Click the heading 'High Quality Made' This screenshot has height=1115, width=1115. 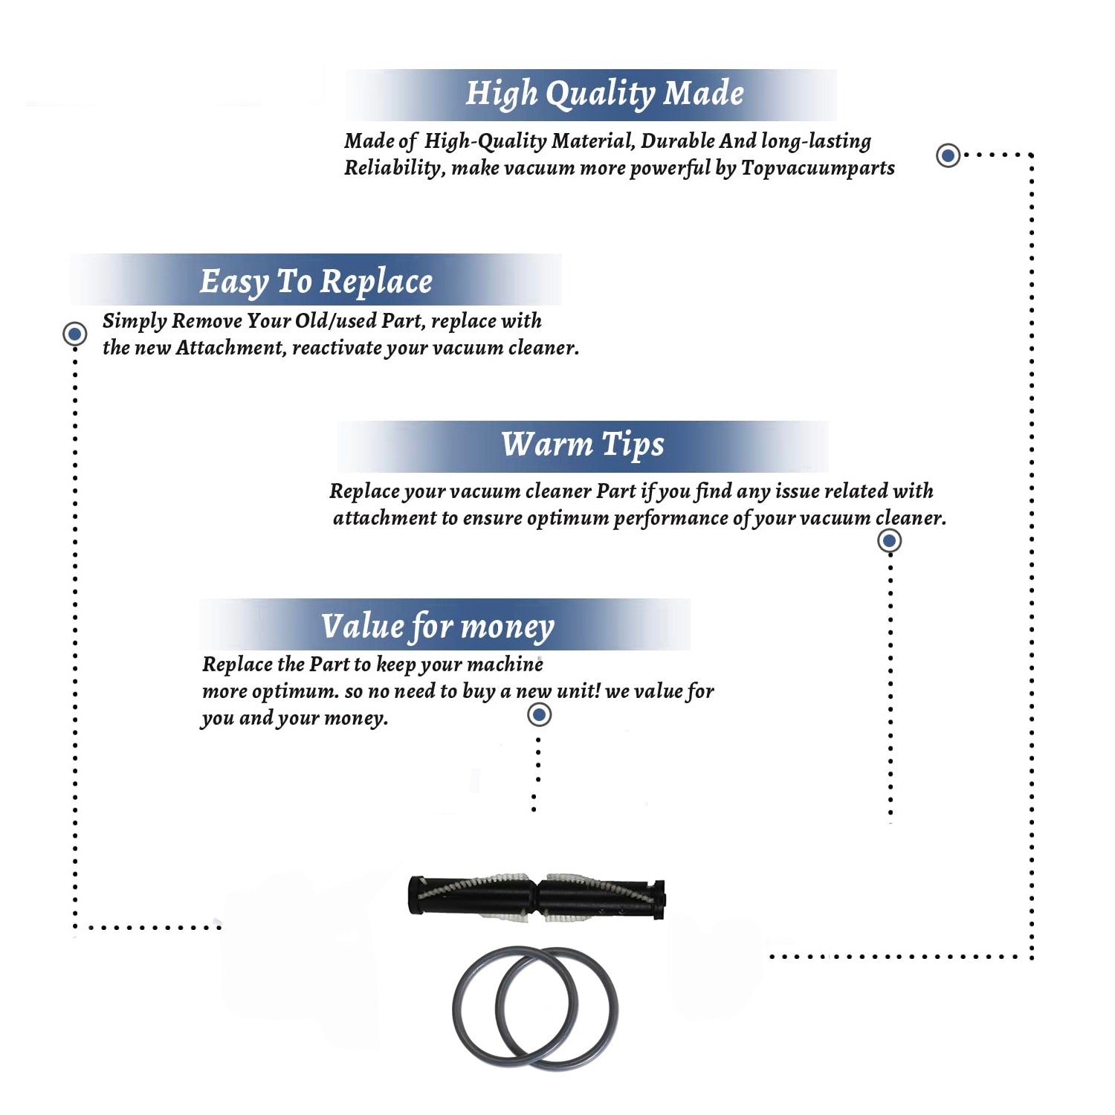click(x=604, y=94)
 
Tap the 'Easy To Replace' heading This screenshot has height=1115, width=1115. click(x=316, y=282)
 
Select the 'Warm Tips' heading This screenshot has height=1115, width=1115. click(x=583, y=445)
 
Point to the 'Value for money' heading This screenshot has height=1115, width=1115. click(x=438, y=626)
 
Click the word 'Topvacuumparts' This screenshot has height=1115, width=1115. click(x=818, y=168)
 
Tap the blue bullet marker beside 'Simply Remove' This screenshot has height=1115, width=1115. click(x=74, y=334)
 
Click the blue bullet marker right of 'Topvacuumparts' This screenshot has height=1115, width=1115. click(x=948, y=155)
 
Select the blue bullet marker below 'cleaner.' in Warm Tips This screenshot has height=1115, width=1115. click(x=890, y=540)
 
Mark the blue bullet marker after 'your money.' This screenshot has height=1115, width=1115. click(x=539, y=715)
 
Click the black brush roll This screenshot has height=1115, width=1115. click(x=537, y=896)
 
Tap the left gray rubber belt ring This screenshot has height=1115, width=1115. click(x=455, y=1007)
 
